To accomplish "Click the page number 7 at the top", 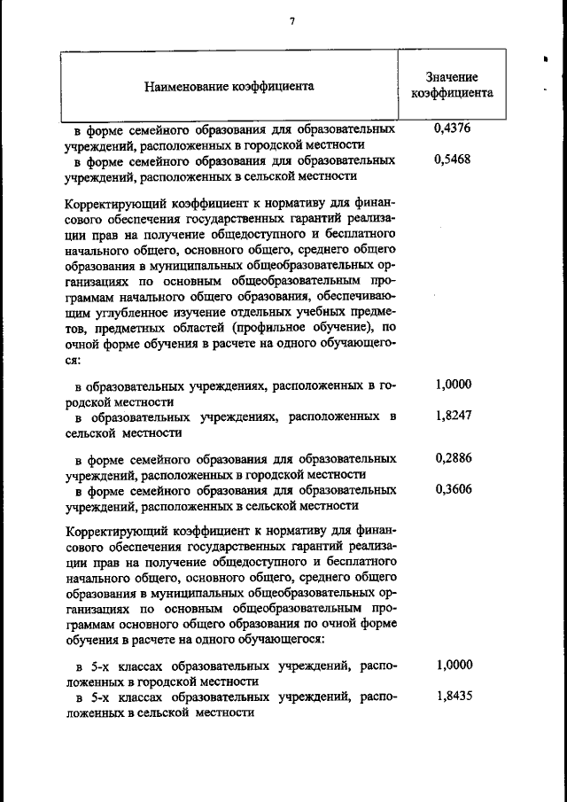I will point(291,22).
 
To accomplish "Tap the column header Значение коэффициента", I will point(452,84).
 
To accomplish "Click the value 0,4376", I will point(453,129).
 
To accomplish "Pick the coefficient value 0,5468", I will point(453,161).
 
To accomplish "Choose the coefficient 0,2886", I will point(454,458).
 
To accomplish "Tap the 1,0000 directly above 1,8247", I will point(454,385).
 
